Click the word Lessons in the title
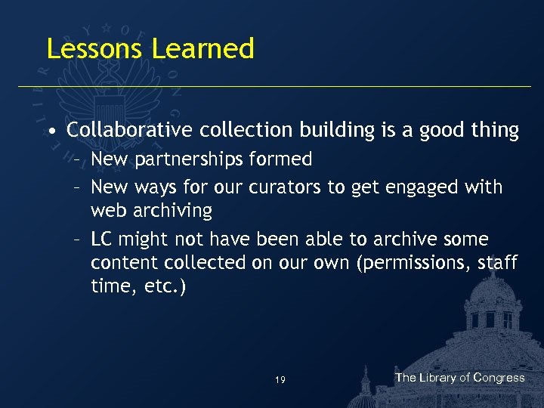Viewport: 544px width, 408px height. pyautogui.click(x=95, y=48)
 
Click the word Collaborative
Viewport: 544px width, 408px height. pyautogui.click(x=131, y=131)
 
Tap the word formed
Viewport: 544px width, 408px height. pyautogui.click(x=284, y=159)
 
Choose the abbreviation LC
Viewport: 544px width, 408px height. pyautogui.click(x=102, y=240)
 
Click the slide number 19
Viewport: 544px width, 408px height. pyautogui.click(x=280, y=380)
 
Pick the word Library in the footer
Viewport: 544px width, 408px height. pyautogui.click(x=438, y=378)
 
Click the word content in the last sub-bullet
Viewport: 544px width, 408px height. pyautogui.click(x=121, y=262)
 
